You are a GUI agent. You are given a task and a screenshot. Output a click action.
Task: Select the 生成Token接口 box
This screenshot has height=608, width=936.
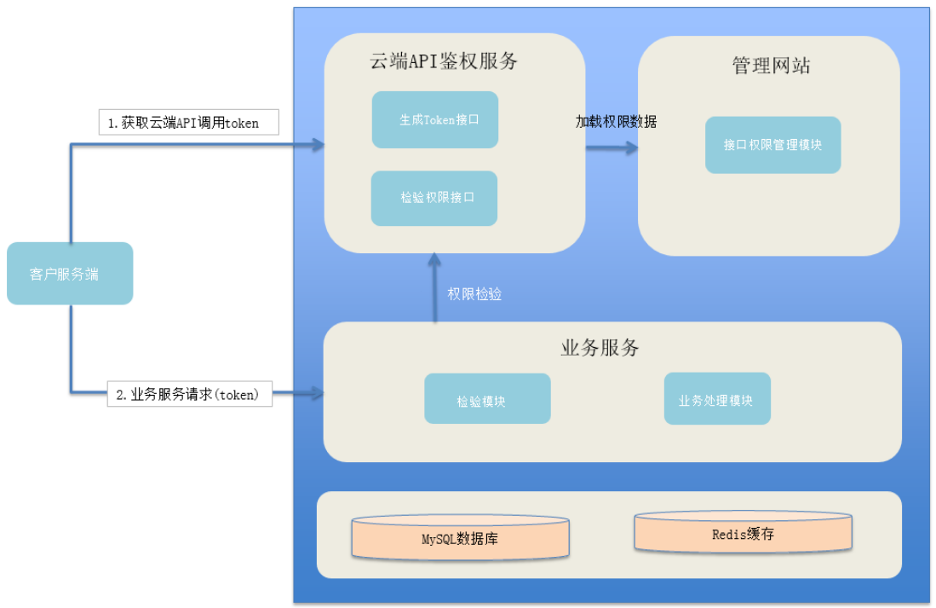pos(435,119)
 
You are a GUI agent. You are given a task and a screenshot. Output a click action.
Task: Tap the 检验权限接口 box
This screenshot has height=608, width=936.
pos(434,198)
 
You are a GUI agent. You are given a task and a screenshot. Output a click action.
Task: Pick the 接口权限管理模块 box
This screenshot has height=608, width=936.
pos(772,145)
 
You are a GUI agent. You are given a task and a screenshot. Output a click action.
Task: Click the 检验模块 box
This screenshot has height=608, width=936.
pos(487,399)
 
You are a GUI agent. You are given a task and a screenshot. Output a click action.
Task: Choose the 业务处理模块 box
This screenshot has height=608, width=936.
pos(717,399)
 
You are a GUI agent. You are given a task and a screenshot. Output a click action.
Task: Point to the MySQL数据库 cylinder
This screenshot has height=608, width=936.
pos(461,537)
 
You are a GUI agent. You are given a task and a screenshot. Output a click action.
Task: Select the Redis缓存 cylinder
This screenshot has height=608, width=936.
pos(743,534)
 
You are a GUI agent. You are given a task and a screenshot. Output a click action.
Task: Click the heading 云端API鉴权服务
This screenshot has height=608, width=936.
pos(443,61)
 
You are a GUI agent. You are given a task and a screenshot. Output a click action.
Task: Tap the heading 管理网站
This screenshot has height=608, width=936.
pos(771,66)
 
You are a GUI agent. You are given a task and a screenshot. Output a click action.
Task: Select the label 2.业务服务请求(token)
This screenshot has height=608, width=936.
pos(189,395)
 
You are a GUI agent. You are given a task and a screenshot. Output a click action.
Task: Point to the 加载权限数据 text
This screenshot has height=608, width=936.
pos(616,122)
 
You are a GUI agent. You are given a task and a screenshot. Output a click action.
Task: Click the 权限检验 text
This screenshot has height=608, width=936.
pos(474,294)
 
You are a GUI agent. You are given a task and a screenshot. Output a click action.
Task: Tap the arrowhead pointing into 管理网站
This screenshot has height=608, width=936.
pos(631,148)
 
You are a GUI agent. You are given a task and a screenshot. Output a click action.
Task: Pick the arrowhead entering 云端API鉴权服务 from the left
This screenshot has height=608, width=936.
pos(318,145)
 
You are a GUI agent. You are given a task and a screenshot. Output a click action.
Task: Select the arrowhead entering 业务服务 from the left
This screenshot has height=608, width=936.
pos(318,393)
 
